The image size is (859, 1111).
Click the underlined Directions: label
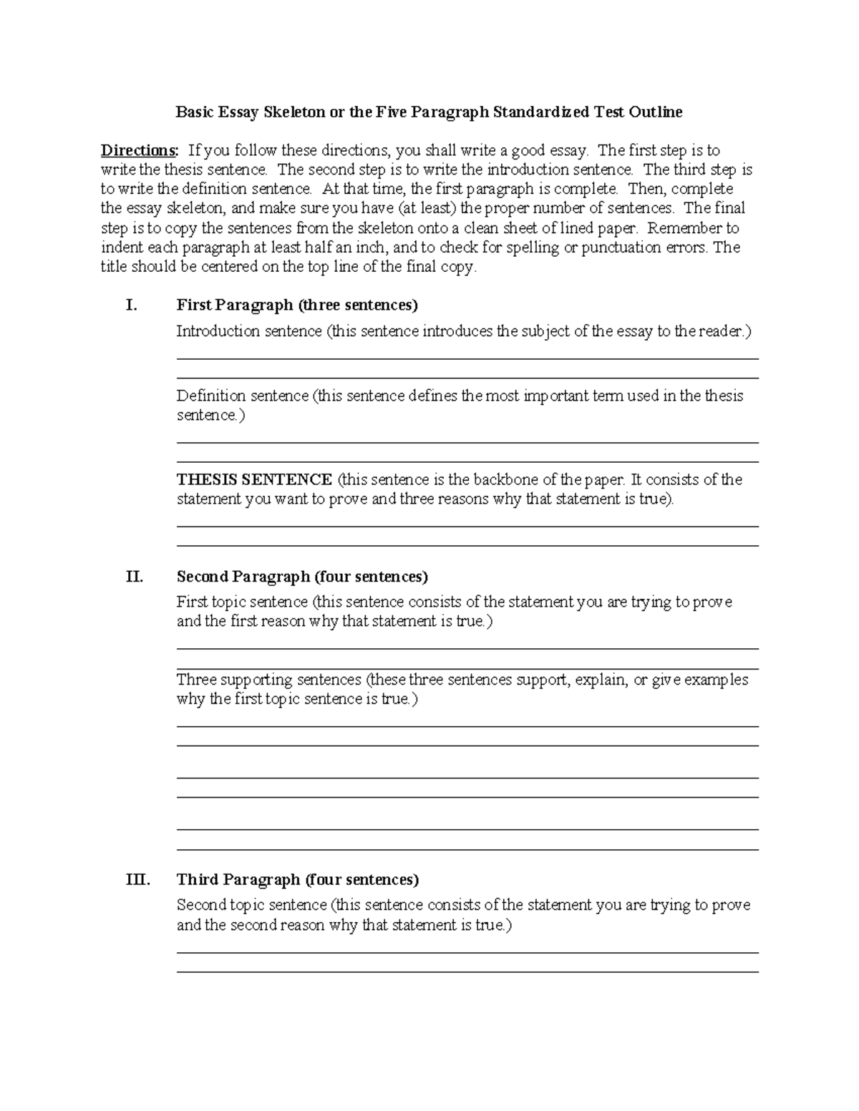pyautogui.click(x=139, y=151)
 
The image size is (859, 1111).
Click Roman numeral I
pyautogui.click(x=130, y=305)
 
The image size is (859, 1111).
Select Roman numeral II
pyautogui.click(x=134, y=577)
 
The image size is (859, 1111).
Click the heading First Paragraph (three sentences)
pyautogui.click(x=297, y=305)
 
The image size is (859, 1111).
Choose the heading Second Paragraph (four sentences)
pyautogui.click(x=302, y=577)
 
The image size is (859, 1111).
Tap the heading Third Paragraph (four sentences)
pyautogui.click(x=298, y=880)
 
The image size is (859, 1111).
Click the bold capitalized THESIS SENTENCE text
pyautogui.click(x=254, y=480)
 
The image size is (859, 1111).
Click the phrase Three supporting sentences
pyautogui.click(x=269, y=680)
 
